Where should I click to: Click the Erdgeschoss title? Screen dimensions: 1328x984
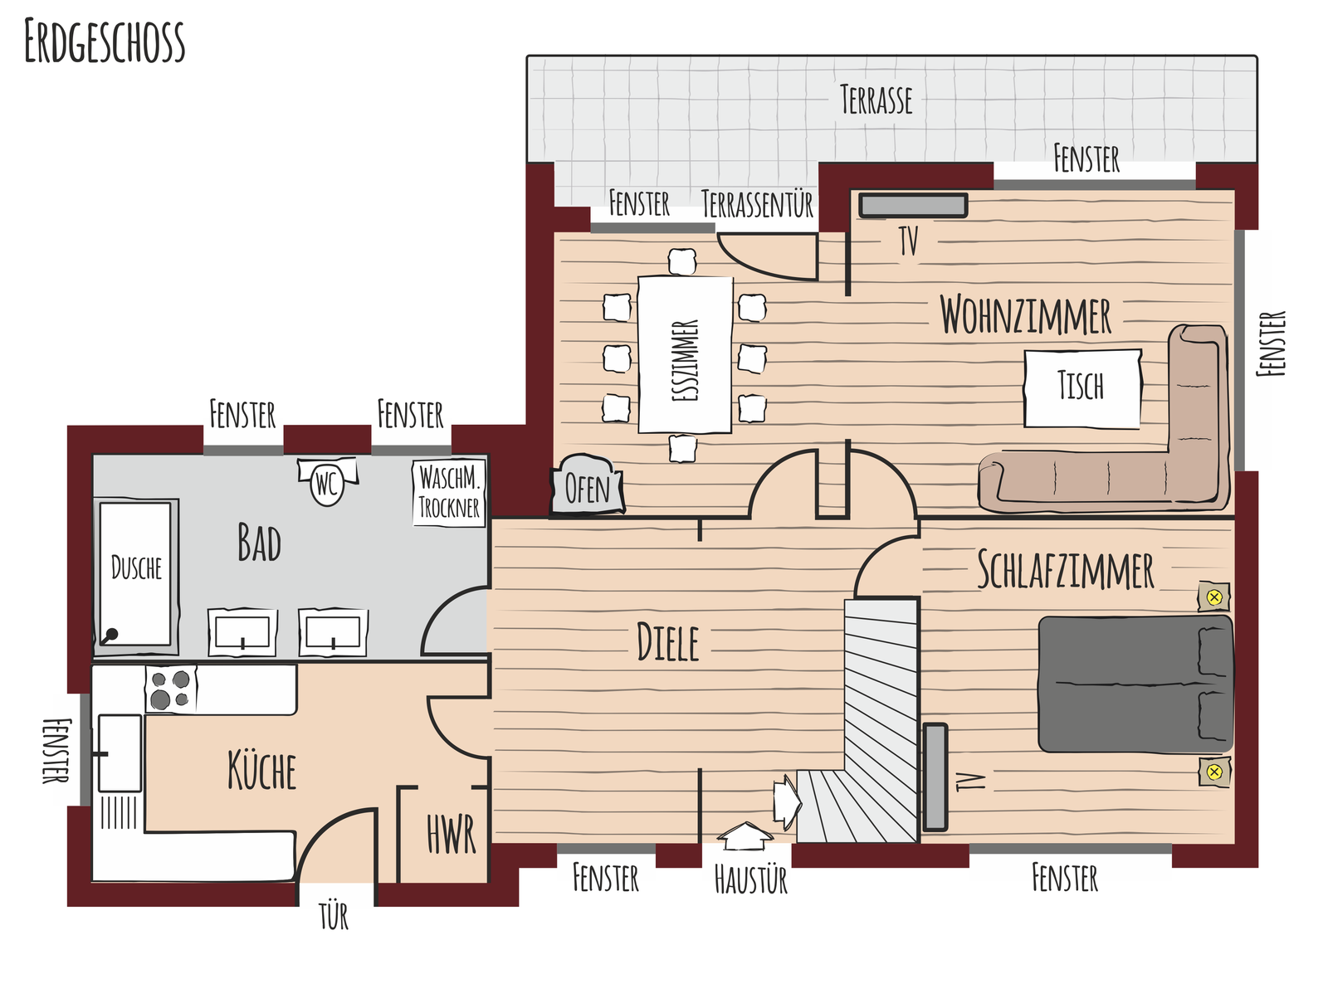(x=105, y=41)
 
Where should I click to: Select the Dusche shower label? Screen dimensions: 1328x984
(x=136, y=568)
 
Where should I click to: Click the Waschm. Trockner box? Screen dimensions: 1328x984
(x=449, y=493)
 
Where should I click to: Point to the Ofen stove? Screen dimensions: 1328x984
(x=588, y=485)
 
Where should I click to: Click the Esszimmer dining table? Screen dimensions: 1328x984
(x=685, y=354)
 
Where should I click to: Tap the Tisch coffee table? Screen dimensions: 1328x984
(x=1082, y=388)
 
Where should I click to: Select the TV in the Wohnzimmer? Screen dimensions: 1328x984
(x=913, y=205)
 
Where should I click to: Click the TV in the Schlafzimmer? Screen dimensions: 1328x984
(x=935, y=777)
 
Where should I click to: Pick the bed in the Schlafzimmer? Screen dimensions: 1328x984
(x=1135, y=684)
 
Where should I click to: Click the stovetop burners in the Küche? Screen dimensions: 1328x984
(x=171, y=689)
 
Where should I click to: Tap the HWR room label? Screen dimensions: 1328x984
(x=451, y=834)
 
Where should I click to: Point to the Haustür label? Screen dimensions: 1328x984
(x=751, y=879)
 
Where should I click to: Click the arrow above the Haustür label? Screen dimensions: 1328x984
(x=745, y=835)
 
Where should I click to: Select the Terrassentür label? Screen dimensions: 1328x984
(x=758, y=204)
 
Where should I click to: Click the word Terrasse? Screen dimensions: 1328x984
(x=876, y=100)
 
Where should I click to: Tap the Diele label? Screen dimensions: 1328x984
(x=667, y=641)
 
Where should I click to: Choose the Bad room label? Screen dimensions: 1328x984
(x=259, y=543)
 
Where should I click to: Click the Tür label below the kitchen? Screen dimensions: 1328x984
(x=334, y=915)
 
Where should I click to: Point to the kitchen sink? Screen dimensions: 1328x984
(x=120, y=753)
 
